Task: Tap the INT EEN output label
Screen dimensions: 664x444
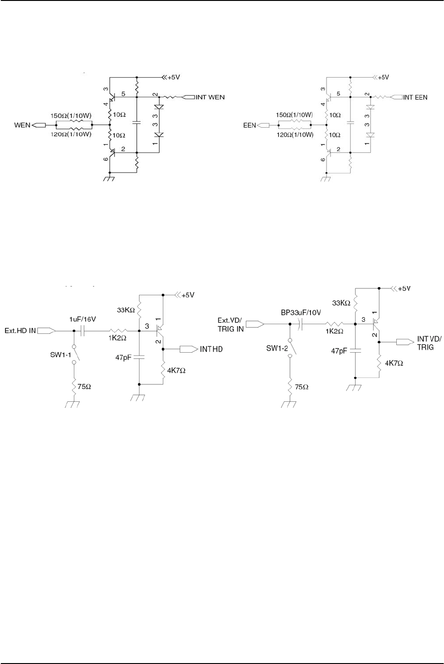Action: click(x=415, y=97)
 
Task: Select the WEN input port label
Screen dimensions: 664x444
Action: click(x=22, y=124)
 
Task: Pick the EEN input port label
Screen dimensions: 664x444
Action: click(x=250, y=125)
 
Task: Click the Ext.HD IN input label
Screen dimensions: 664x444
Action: click(x=20, y=331)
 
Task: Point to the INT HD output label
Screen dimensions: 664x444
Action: click(x=211, y=349)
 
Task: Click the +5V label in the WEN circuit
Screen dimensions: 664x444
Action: click(x=173, y=78)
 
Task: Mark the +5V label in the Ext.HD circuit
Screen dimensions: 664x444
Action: click(x=188, y=295)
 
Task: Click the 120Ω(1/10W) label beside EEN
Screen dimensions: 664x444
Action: click(x=295, y=135)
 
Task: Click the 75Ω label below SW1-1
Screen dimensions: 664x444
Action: click(x=84, y=387)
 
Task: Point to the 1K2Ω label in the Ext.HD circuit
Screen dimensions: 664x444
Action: click(x=117, y=338)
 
